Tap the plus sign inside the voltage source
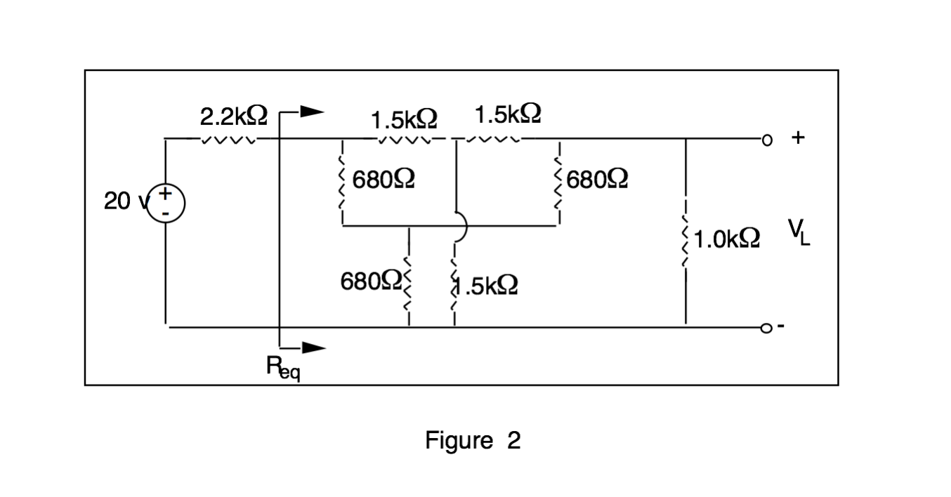coord(166,192)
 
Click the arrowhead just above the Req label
coord(313,347)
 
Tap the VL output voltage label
coord(798,232)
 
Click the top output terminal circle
coord(767,139)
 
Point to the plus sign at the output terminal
coord(797,138)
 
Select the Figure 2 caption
coord(473,441)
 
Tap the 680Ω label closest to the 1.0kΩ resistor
coord(597,180)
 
